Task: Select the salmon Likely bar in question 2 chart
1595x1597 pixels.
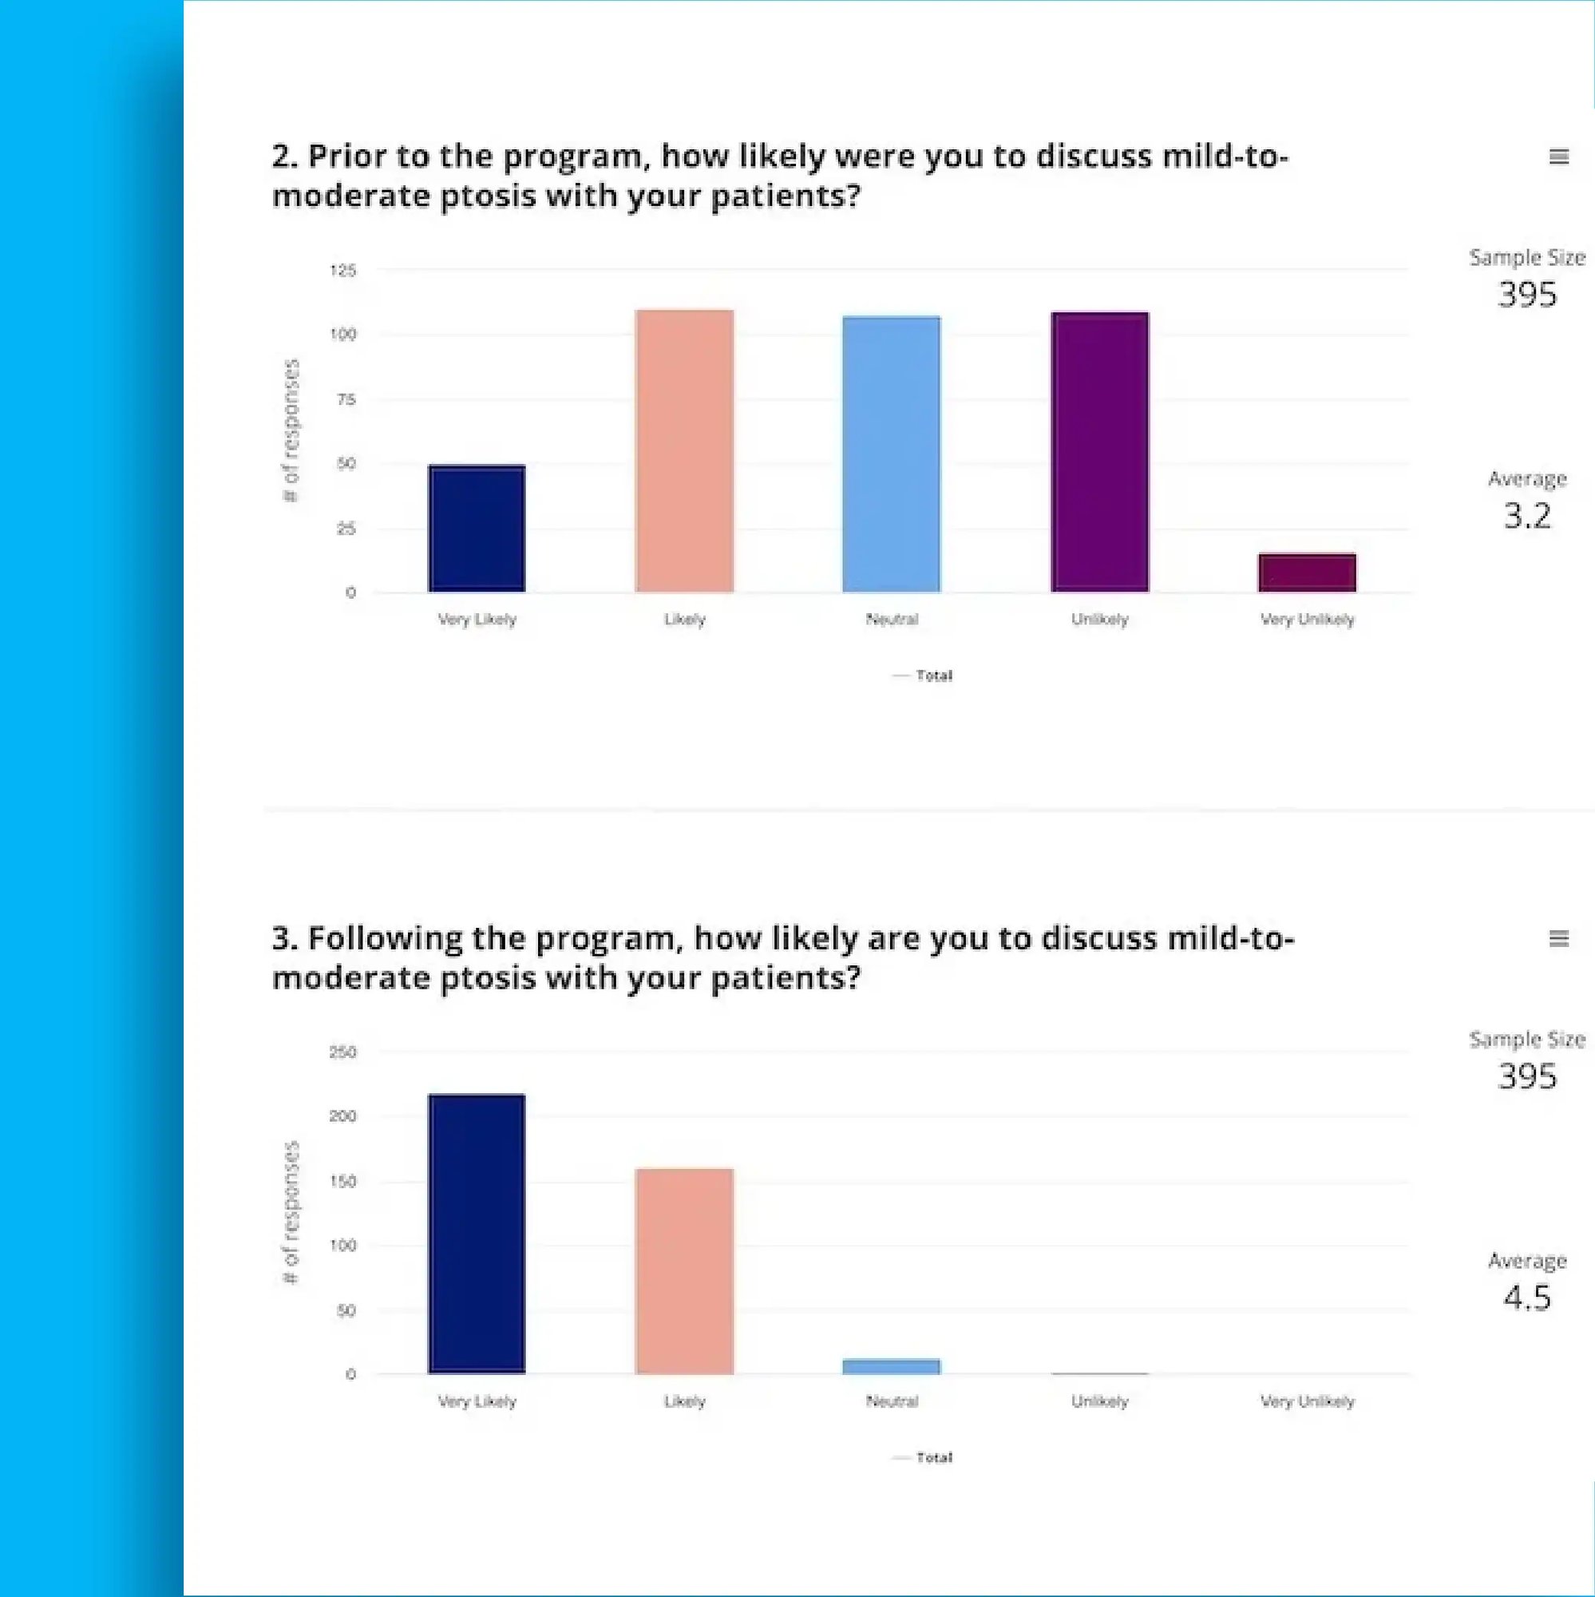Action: coord(684,450)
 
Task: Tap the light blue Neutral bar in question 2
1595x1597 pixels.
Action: coord(892,454)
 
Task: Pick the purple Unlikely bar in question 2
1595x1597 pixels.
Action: coord(1099,451)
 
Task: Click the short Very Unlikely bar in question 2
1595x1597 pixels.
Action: coord(1307,572)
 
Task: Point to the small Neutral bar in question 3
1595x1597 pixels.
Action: coord(892,1366)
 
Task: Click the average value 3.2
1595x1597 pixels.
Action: coord(1526,516)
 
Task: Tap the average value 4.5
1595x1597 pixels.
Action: coord(1526,1298)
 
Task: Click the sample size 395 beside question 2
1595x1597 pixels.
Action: coord(1526,295)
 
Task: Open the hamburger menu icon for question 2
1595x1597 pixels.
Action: coord(1558,157)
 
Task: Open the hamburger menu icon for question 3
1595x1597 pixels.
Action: coord(1558,938)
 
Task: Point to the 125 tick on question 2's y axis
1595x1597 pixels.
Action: coord(343,271)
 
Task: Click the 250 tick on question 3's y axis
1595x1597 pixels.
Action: coord(343,1052)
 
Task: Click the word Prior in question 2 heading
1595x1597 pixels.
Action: coord(346,157)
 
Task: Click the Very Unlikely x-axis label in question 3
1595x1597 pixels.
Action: coord(1307,1401)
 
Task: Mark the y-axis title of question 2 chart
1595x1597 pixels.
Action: coord(291,430)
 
